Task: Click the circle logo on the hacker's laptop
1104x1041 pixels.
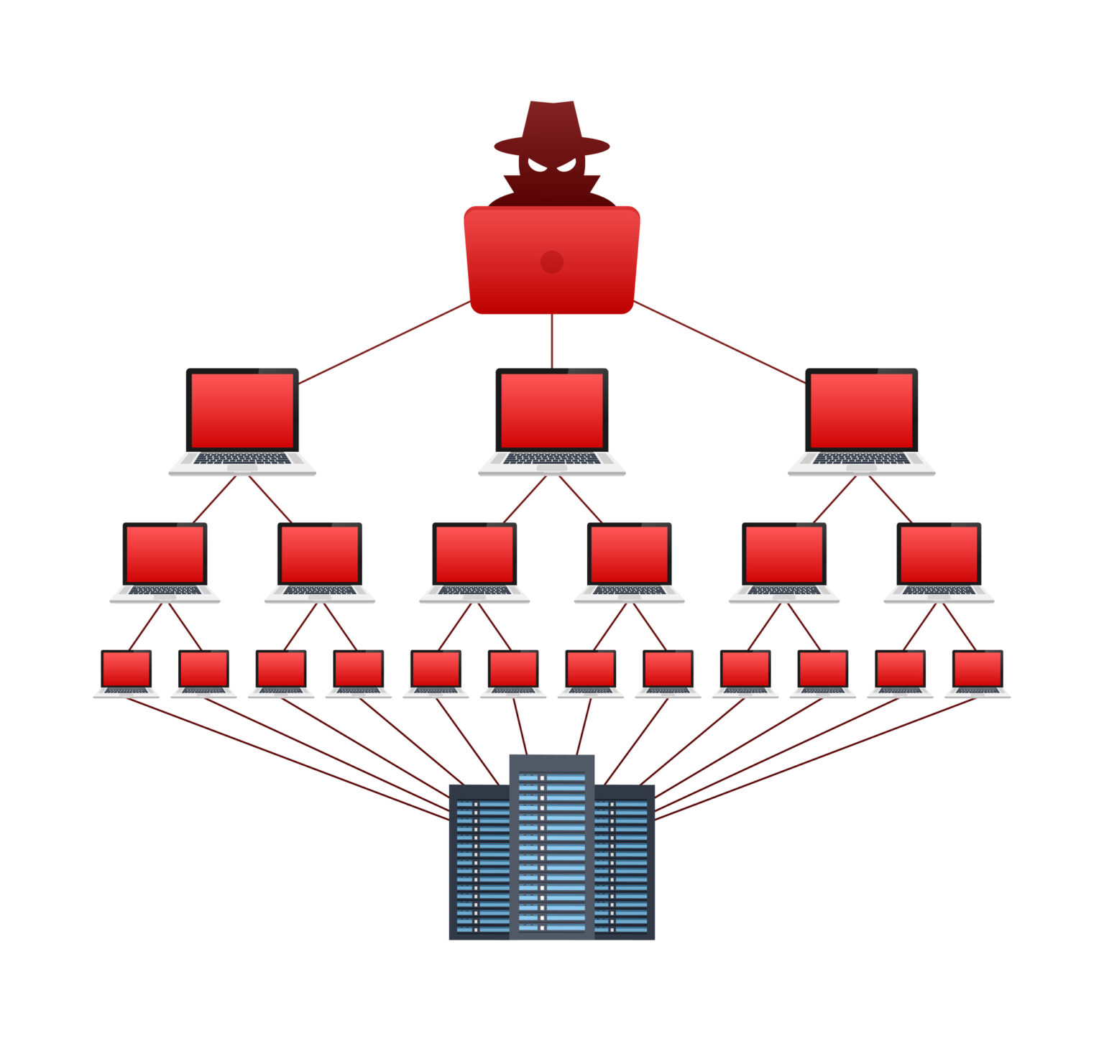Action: [552, 262]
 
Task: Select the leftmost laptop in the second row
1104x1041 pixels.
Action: [242, 420]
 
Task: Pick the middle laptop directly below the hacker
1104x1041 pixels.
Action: [552, 420]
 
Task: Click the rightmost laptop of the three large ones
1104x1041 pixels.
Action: [861, 420]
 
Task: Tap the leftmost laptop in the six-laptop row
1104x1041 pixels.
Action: [165, 561]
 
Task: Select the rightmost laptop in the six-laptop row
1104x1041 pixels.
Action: [939, 561]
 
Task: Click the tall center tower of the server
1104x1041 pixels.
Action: [552, 848]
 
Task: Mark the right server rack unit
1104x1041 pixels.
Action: [625, 862]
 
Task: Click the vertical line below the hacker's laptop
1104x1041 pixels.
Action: [552, 341]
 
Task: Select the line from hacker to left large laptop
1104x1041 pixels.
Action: [385, 342]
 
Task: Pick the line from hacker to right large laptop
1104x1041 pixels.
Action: [719, 342]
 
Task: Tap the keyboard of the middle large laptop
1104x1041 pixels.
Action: [552, 458]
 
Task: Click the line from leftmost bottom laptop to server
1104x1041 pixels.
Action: [287, 758]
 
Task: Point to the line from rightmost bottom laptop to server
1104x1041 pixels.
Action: [816, 758]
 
